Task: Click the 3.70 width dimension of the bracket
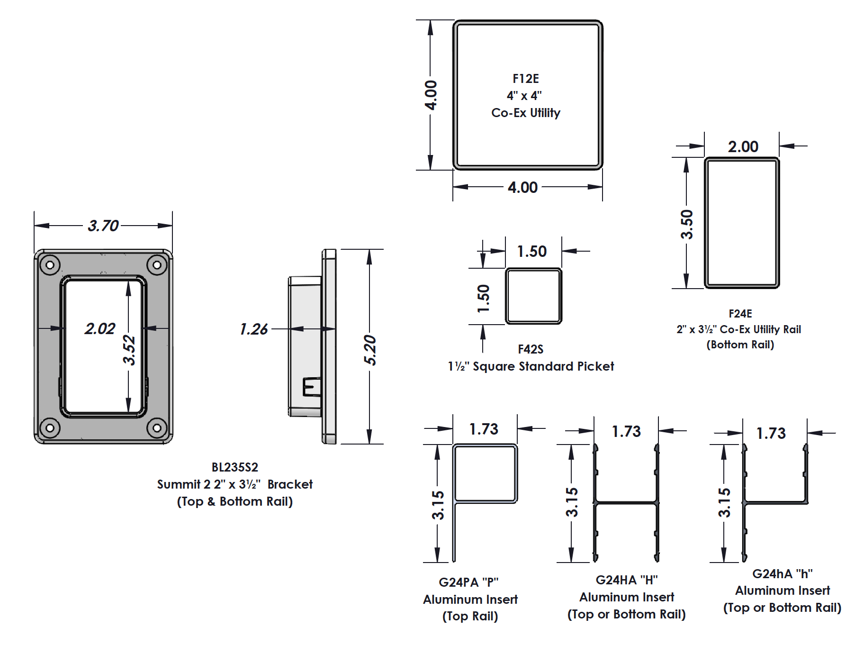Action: pyautogui.click(x=103, y=226)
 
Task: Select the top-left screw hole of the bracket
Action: pyautogui.click(x=50, y=264)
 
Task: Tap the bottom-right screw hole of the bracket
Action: pyautogui.click(x=157, y=428)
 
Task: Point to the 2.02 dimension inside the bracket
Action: pyautogui.click(x=99, y=328)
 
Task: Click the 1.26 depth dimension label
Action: pyautogui.click(x=253, y=329)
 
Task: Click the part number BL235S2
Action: pyautogui.click(x=234, y=467)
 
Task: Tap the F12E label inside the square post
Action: pyautogui.click(x=525, y=79)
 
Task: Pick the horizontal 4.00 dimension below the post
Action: pyautogui.click(x=522, y=187)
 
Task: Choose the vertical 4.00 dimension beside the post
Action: pyautogui.click(x=431, y=95)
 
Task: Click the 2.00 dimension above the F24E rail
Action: pyautogui.click(x=743, y=146)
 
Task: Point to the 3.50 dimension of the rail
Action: pyautogui.click(x=686, y=224)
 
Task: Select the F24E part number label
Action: pyautogui.click(x=740, y=314)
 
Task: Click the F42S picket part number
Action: pyautogui.click(x=530, y=349)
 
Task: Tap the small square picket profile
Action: pyautogui.click(x=533, y=296)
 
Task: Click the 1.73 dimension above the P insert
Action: pyautogui.click(x=484, y=429)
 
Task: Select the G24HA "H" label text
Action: pyautogui.click(x=626, y=580)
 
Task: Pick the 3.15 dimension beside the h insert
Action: pyautogui.click(x=724, y=502)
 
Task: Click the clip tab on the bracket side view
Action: pyautogui.click(x=312, y=387)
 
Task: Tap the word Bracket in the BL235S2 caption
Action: pyautogui.click(x=290, y=484)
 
